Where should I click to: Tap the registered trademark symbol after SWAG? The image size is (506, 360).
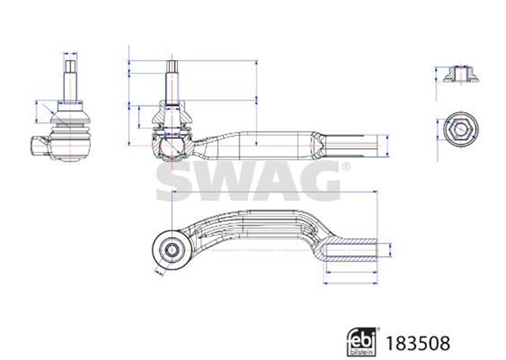345,167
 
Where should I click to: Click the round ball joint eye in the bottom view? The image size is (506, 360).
171,250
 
